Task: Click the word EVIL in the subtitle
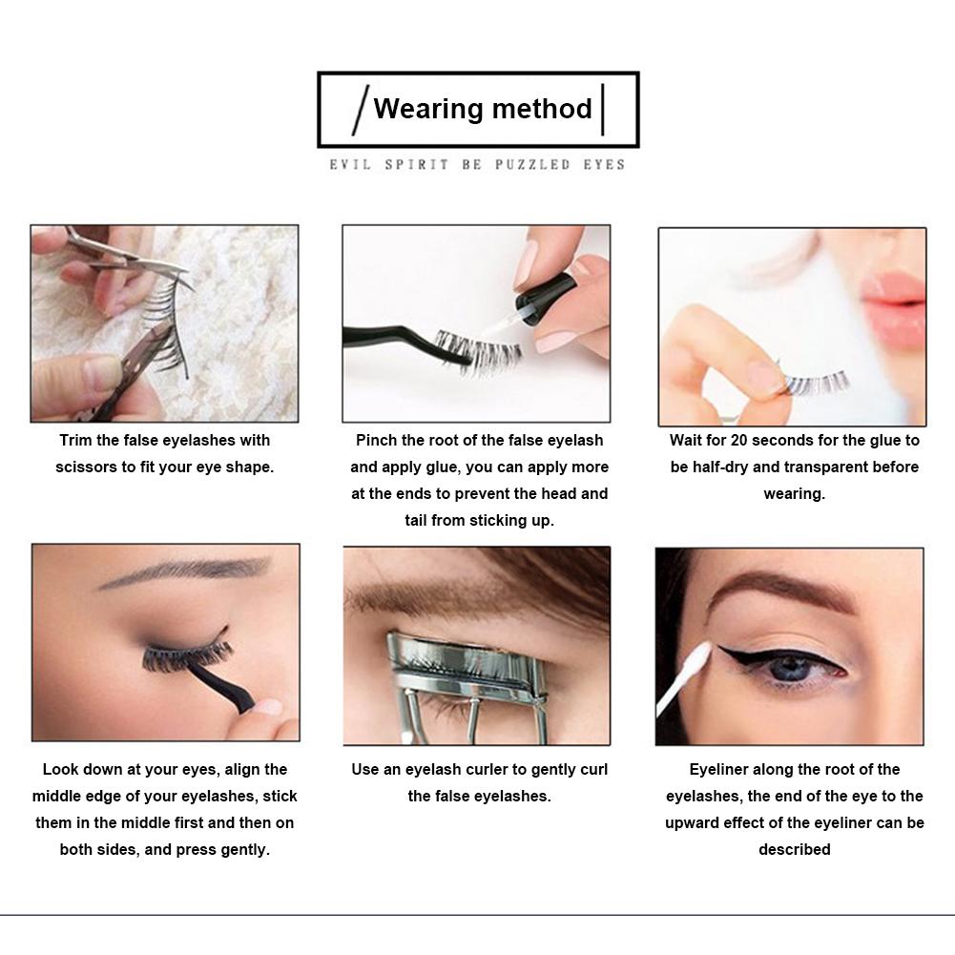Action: (x=349, y=165)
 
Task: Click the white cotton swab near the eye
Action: (x=687, y=674)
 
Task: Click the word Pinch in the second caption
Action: (x=376, y=441)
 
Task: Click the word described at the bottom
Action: (x=794, y=850)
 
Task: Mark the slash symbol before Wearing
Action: (x=361, y=110)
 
